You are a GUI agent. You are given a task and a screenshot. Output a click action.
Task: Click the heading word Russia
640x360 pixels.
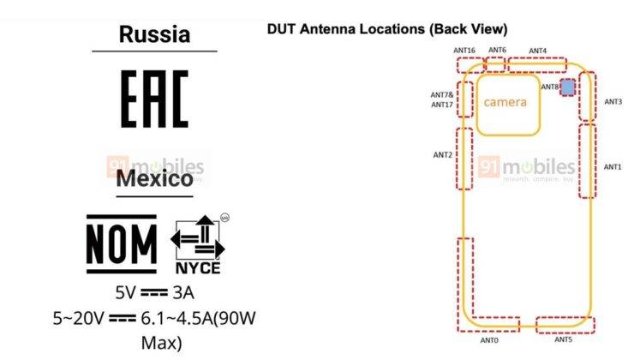coord(154,34)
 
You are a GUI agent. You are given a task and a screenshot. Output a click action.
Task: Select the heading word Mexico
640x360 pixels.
coord(154,180)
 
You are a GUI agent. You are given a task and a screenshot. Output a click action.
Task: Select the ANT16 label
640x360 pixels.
coord(465,51)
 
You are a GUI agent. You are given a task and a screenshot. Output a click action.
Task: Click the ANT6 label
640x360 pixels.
coord(498,51)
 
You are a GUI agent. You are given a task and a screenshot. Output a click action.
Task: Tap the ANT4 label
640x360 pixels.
coord(538,51)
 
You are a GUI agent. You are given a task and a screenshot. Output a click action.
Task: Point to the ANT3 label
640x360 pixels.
coord(613,101)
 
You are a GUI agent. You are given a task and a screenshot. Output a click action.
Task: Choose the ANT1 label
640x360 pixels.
coord(613,166)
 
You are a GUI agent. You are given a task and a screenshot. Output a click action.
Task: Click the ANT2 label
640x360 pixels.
coord(442,155)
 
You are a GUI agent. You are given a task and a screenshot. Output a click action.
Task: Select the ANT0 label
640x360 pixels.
coord(489,340)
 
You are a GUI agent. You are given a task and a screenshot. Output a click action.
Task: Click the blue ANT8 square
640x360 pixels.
coord(567,88)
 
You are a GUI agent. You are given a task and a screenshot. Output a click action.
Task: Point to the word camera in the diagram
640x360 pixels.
coord(505,103)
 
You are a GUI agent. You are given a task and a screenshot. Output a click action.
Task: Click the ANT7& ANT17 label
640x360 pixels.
coord(442,99)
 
